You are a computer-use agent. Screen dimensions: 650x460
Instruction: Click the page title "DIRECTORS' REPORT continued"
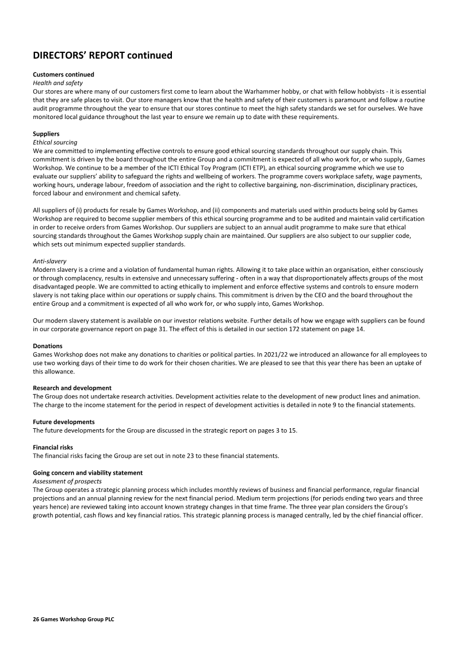pyautogui.click(x=102, y=56)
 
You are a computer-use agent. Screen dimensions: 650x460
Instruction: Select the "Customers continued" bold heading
pyautogui.click(x=64, y=75)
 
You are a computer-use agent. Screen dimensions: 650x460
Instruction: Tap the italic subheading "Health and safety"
pyautogui.click(x=58, y=83)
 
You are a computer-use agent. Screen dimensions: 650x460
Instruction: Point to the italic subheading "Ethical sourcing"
pyautogui.click(x=55, y=142)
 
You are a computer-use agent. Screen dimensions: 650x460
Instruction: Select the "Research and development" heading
pyautogui.click(x=72, y=388)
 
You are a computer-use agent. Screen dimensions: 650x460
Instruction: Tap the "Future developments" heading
pyautogui.click(x=64, y=422)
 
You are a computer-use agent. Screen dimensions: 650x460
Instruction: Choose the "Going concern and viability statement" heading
pyautogui.click(x=88, y=472)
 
